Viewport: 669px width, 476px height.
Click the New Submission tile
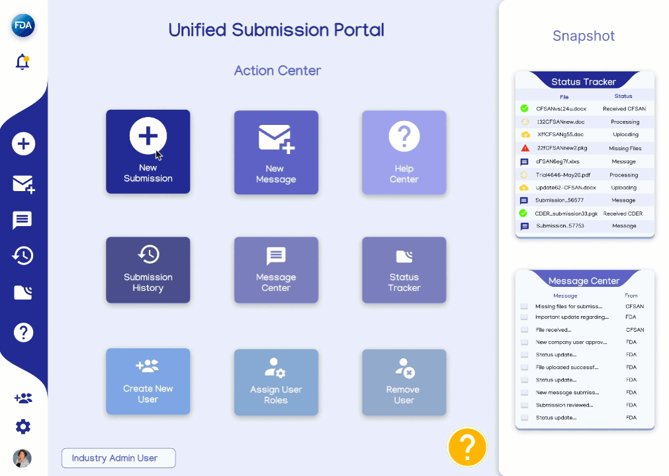click(148, 151)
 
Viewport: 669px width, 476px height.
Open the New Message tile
click(276, 152)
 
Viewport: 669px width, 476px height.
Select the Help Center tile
click(404, 152)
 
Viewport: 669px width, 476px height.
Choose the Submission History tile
click(148, 270)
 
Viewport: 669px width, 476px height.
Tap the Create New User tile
click(148, 381)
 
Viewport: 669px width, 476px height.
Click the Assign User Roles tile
click(276, 382)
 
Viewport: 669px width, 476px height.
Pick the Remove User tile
click(404, 382)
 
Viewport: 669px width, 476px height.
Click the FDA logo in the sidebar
click(23, 26)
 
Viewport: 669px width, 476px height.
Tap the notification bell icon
click(22, 62)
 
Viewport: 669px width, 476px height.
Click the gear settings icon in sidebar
click(23, 427)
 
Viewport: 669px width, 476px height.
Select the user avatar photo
click(22, 458)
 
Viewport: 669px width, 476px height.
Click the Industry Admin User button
click(118, 458)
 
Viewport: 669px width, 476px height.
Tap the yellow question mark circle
click(467, 446)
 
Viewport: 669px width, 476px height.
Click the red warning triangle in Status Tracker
click(525, 148)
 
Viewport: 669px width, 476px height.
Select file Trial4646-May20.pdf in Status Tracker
click(562, 175)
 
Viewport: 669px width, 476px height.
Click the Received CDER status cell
click(623, 214)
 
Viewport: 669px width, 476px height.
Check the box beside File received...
click(524, 330)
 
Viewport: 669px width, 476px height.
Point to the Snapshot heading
click(584, 36)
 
